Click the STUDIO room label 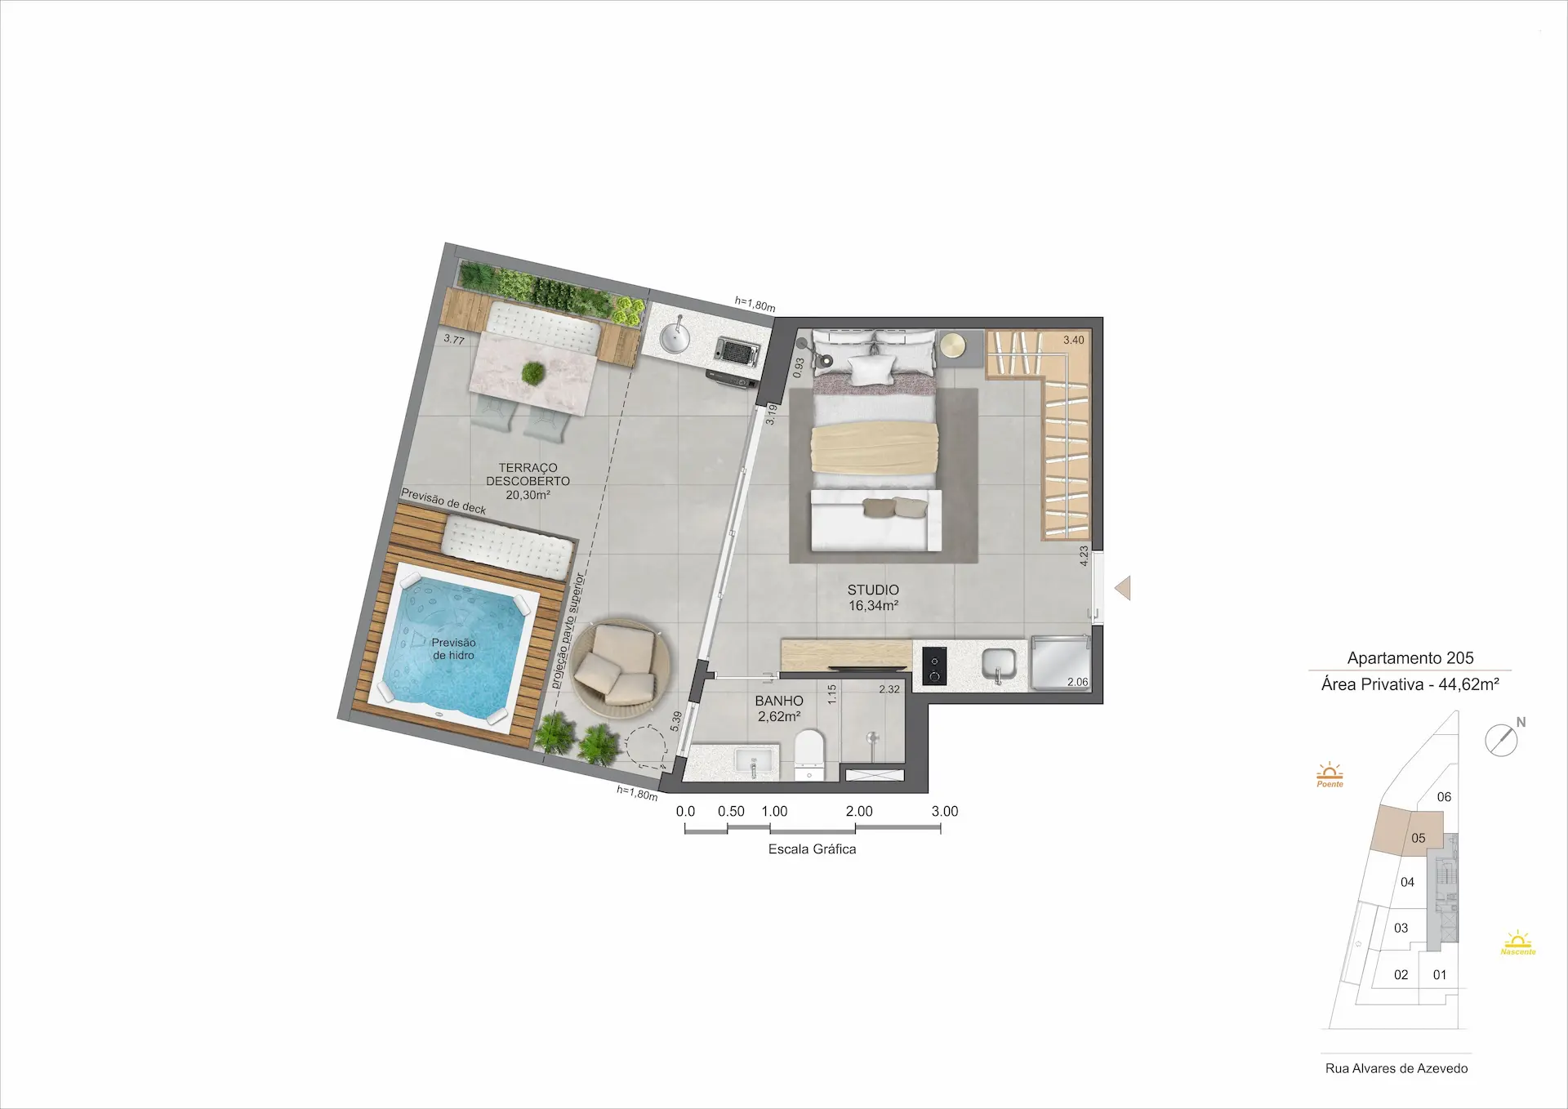(x=873, y=590)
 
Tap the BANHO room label (x=779, y=701)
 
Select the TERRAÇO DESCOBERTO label (x=528, y=474)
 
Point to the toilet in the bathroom (x=810, y=754)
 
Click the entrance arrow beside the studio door (x=1123, y=588)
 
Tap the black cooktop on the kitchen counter (x=934, y=665)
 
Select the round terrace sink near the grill (x=676, y=336)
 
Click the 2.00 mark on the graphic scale (x=859, y=811)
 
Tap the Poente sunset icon (x=1330, y=774)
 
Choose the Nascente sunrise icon (x=1518, y=942)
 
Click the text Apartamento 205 (x=1410, y=657)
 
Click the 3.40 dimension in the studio (x=1074, y=340)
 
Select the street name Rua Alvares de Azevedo (x=1396, y=1068)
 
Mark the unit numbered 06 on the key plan (x=1444, y=797)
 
